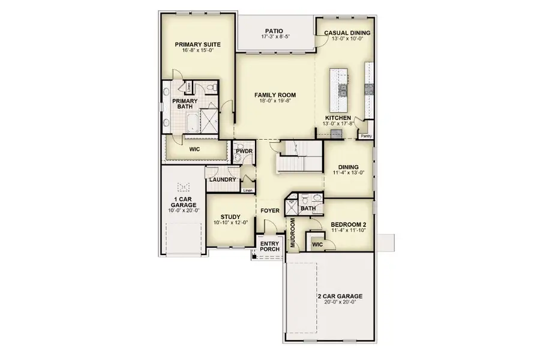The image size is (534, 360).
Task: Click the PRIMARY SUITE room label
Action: point(197,44)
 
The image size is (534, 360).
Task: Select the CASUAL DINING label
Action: point(347,33)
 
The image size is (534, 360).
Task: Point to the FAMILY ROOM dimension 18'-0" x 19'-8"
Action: point(275,101)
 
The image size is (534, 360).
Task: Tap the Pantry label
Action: point(366,136)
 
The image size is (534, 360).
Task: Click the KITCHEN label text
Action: point(338,118)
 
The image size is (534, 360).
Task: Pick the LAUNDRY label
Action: point(221,179)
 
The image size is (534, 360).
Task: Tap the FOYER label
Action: point(270,211)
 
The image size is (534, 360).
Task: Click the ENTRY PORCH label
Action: point(269,246)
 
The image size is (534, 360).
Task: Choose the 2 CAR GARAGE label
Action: point(340,296)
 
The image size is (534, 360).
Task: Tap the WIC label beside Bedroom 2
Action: point(317,244)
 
